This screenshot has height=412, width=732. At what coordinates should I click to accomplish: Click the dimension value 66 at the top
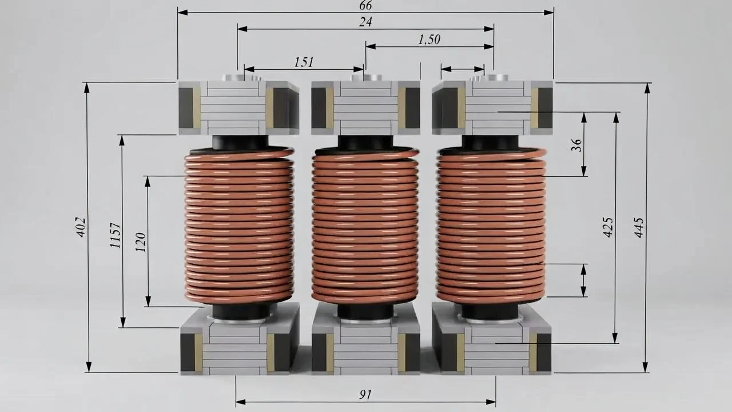(365, 6)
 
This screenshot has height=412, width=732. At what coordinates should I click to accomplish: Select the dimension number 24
(365, 22)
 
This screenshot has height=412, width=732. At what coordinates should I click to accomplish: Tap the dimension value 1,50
(429, 39)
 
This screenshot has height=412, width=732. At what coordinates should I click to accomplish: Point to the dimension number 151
(304, 62)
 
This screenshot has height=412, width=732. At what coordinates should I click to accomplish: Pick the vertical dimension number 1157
(116, 235)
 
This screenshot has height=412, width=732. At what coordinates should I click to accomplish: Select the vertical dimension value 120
(141, 241)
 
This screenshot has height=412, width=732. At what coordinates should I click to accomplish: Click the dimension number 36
(576, 144)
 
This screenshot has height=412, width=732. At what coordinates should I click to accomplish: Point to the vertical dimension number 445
(639, 227)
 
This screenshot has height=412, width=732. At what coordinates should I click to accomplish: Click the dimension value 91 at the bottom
(365, 394)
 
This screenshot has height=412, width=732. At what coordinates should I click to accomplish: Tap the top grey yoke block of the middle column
(365, 108)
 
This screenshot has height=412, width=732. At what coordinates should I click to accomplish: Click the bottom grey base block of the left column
(239, 343)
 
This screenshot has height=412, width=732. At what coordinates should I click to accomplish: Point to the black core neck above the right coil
(490, 142)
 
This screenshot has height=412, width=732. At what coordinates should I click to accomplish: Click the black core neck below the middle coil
(365, 311)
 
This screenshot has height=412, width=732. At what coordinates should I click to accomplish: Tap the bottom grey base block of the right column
(492, 343)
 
